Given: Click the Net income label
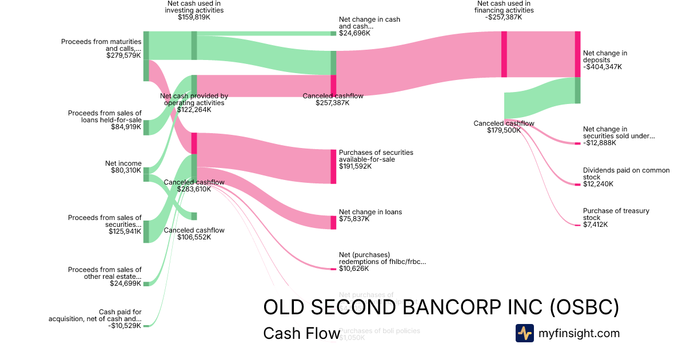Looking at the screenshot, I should point(123,163).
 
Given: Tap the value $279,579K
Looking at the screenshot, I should point(123,55).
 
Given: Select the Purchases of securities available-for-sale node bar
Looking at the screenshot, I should point(333,166).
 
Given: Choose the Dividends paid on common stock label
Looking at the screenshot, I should point(626,174).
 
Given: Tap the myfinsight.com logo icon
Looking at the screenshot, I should point(524,333).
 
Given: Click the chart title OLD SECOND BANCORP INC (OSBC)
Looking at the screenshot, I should point(441,307).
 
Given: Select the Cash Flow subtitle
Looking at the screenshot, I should point(301,334).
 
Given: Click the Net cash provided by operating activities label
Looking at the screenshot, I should point(194,99).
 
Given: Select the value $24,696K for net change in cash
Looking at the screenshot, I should point(354,33).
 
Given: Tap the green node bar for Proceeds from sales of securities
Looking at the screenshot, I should point(146,231).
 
